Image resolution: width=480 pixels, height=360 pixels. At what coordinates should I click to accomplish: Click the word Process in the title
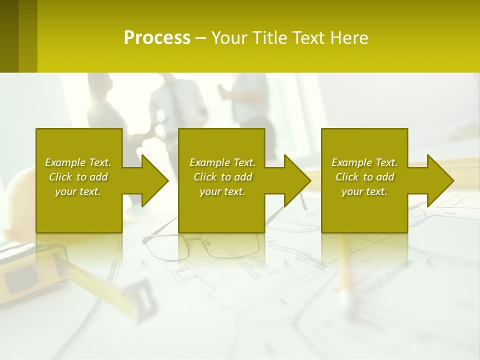tap(157, 38)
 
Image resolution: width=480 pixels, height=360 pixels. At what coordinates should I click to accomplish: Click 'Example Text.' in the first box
tap(78, 162)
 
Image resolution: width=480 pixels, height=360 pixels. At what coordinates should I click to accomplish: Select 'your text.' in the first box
tap(78, 191)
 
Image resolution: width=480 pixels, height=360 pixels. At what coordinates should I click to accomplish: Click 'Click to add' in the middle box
tap(222, 177)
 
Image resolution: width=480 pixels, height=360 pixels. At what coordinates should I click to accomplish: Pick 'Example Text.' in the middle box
tap(222, 162)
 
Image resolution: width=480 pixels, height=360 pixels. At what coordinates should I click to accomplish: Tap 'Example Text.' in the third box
tap(364, 162)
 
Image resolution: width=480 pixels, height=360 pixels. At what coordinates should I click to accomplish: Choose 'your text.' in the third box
tap(364, 191)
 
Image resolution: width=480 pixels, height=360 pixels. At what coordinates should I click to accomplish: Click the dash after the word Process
tap(200, 38)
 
